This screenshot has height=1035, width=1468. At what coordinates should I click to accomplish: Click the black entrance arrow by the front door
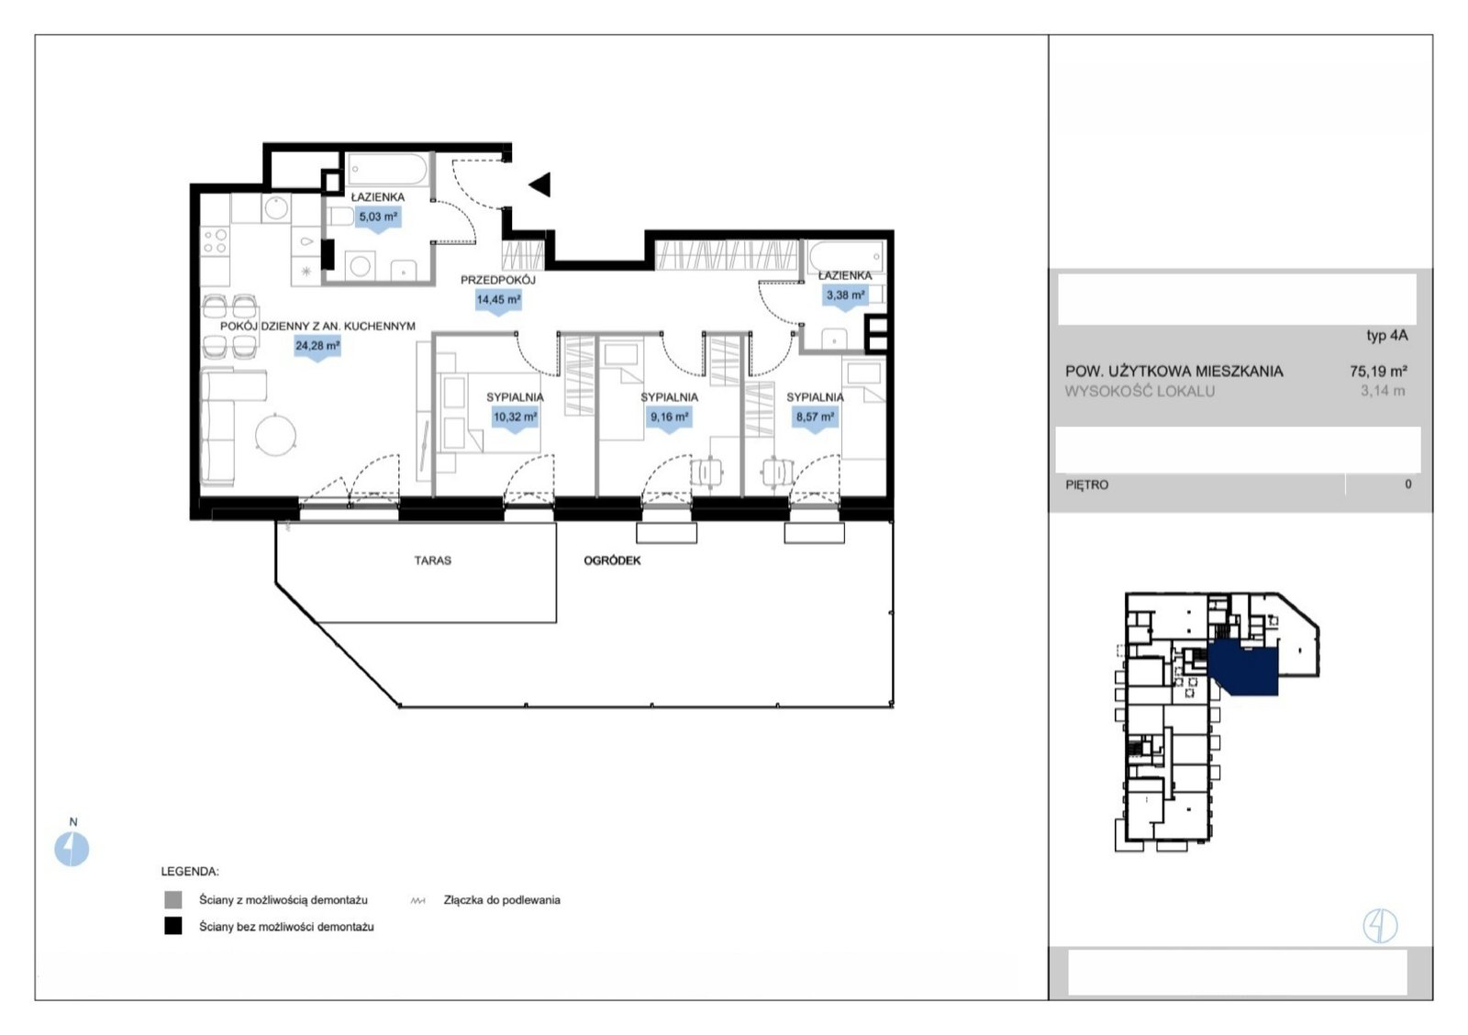point(540,184)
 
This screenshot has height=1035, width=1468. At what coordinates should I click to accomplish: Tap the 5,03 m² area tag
point(378,219)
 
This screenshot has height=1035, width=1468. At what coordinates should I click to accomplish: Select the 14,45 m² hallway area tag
point(499,302)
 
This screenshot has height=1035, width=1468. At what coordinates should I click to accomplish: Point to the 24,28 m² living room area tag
point(317,348)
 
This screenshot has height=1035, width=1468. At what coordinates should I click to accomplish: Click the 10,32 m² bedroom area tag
point(515,418)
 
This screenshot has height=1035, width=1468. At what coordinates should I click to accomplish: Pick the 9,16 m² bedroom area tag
point(669,418)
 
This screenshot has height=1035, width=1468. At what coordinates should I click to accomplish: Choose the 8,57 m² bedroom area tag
point(816,418)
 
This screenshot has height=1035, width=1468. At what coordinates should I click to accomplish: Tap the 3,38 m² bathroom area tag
point(845,297)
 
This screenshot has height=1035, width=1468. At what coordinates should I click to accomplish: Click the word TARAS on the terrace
point(432,561)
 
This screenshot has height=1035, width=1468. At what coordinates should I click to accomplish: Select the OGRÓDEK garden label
point(612,561)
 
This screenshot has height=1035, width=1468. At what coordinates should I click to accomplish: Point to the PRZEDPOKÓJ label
point(498,280)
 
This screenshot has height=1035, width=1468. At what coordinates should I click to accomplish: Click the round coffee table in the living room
point(275,435)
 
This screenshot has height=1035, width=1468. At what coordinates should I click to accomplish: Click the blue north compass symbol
point(72,849)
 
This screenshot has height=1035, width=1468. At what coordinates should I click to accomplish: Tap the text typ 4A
point(1386,336)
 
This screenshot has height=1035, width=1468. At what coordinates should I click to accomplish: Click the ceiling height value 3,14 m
point(1383,391)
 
